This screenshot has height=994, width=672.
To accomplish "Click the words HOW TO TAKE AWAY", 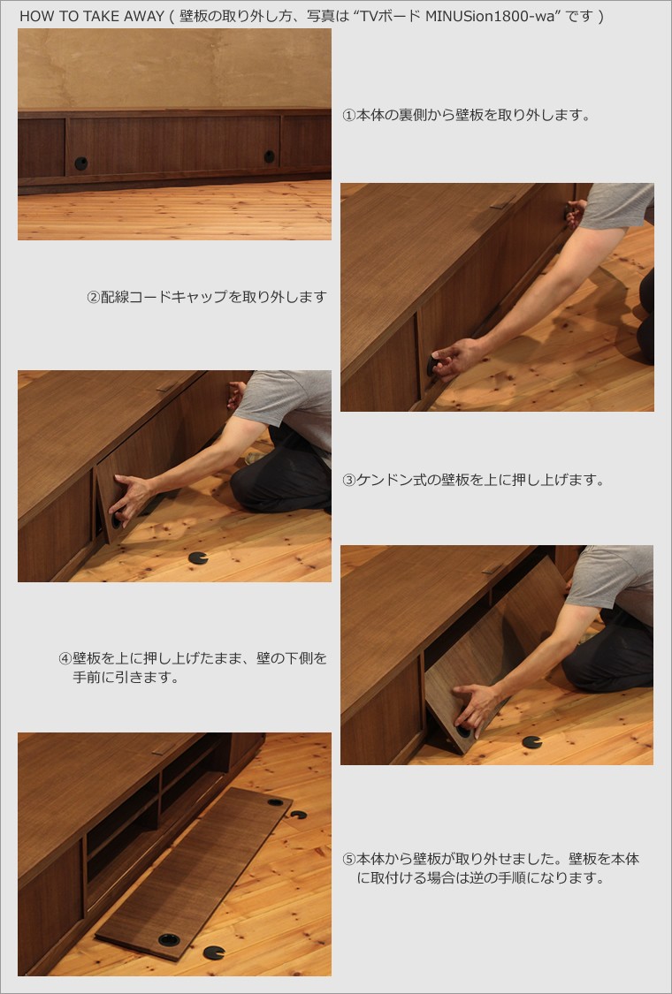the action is point(92,16).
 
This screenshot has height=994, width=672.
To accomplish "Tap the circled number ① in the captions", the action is point(348,116).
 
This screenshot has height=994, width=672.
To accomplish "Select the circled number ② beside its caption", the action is point(93,297).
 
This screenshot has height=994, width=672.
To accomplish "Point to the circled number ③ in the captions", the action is point(348,480).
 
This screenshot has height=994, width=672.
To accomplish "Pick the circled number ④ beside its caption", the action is point(65,658).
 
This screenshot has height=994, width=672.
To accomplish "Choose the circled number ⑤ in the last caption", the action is point(348,860).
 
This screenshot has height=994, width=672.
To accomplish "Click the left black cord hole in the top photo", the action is point(81,163).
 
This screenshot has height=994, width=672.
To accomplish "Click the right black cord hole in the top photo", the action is point(269,156).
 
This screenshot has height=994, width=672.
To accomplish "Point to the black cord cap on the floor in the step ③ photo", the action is point(198,558).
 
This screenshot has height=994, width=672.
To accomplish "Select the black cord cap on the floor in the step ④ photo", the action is point(531,741).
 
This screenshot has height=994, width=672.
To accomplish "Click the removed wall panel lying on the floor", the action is point(194,874).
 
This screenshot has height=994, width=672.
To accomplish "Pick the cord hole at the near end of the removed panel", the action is point(169,939).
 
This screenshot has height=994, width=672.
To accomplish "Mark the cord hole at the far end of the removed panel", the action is point(275,802).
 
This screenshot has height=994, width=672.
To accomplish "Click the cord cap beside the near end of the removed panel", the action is point(214,952).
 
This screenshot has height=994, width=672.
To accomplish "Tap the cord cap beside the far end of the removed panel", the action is point(298,815).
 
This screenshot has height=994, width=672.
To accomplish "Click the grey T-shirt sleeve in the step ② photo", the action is point(615,206).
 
